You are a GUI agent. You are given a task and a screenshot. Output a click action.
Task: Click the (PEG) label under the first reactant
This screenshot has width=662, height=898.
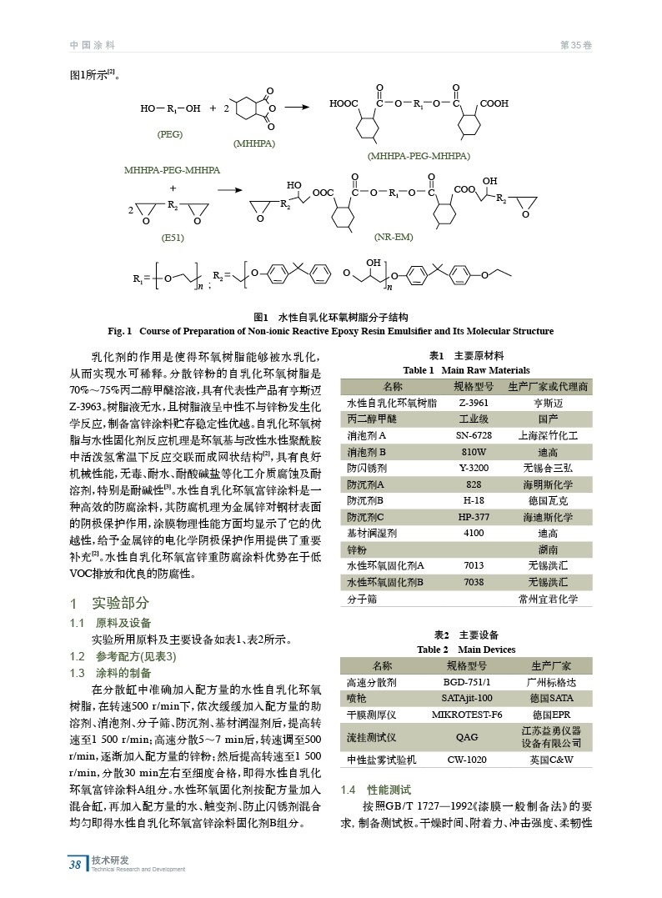[x=169, y=134]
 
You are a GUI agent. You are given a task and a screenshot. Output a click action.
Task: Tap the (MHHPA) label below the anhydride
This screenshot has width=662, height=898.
[x=254, y=143]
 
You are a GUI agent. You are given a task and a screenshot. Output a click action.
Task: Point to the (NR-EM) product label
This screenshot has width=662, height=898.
[x=394, y=238]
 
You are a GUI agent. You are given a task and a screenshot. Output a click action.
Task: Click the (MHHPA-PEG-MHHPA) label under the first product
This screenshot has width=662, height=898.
[x=419, y=156]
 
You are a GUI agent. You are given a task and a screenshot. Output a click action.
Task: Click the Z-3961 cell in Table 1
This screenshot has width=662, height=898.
[x=474, y=403]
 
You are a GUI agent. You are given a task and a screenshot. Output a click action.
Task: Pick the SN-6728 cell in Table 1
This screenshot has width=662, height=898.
[x=474, y=435]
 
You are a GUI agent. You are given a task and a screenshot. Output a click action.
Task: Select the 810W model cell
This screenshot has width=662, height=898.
[x=474, y=451]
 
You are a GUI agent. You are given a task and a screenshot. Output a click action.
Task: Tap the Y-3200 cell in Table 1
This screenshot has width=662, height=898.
[x=474, y=468]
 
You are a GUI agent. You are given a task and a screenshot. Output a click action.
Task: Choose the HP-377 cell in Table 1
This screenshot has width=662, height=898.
[x=474, y=517]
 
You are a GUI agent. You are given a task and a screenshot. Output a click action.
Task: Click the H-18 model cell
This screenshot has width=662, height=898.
[x=474, y=500]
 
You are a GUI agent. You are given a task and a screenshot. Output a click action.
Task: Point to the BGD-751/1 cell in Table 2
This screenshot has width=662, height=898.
[x=467, y=681]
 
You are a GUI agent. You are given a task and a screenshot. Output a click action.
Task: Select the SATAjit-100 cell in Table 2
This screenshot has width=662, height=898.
[x=467, y=698]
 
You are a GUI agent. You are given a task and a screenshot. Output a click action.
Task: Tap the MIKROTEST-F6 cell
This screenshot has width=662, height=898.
[x=467, y=715]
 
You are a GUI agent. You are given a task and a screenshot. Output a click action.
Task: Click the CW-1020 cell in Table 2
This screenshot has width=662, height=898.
[x=467, y=760]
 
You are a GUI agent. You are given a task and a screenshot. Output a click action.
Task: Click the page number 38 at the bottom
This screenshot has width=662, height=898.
[x=75, y=864]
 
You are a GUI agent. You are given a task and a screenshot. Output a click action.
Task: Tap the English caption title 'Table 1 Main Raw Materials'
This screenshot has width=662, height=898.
[x=466, y=370]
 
